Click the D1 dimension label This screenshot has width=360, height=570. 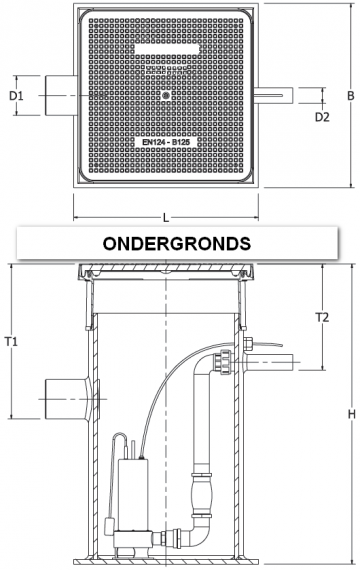point(17,97)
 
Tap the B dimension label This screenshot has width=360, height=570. point(351,97)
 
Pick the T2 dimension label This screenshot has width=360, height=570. point(322,318)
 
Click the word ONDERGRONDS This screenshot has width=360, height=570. point(178,243)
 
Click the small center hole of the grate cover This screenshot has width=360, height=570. point(165,96)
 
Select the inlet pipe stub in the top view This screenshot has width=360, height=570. point(58,97)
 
